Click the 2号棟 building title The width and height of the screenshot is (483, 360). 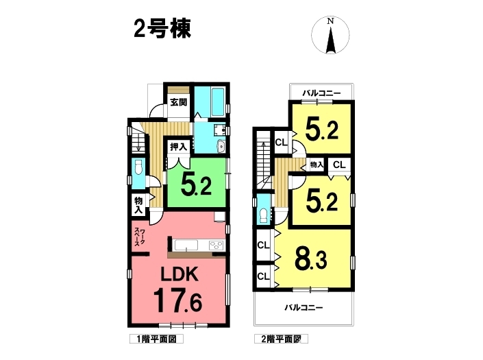[162, 29]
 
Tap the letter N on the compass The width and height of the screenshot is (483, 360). [330, 21]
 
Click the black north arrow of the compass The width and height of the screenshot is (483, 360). [330, 40]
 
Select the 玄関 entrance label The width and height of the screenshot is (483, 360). [179, 102]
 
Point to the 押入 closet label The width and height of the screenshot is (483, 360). [179, 147]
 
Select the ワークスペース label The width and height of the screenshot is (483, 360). [140, 237]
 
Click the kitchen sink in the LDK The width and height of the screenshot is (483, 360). [186, 245]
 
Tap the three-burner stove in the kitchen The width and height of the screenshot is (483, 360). [216, 245]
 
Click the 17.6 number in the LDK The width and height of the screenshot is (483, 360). [177, 300]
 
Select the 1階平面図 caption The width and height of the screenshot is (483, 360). [156, 339]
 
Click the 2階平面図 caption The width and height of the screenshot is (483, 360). [281, 339]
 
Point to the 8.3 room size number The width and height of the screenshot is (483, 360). [311, 259]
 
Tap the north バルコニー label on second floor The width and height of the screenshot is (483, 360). [321, 93]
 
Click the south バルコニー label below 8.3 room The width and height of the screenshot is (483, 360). [304, 307]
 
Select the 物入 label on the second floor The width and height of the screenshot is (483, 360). [317, 165]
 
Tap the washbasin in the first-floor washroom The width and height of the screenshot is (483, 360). [221, 147]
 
